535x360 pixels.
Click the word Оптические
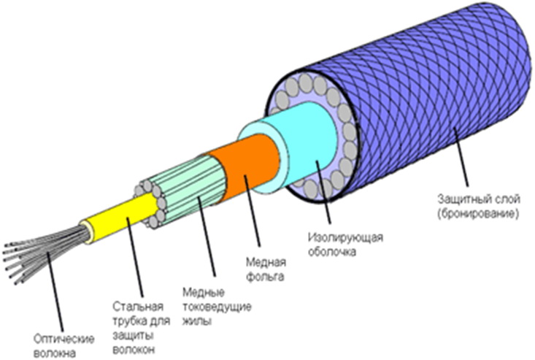tap(63, 339)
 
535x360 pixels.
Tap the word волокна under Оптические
tap(55, 352)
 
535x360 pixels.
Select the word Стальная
tap(138, 307)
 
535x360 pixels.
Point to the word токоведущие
tap(217, 307)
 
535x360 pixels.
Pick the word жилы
tap(197, 321)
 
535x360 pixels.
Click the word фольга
tap(265, 276)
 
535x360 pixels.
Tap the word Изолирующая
tap(345, 237)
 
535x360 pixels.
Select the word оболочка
tap(332, 251)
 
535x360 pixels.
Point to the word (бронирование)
tap(478, 214)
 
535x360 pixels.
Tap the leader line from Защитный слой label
tap(461, 157)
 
